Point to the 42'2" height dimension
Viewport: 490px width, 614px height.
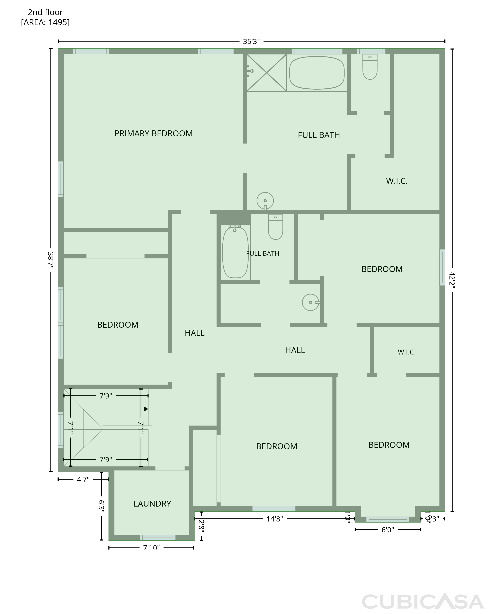point(452,280)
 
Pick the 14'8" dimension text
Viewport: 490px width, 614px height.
point(275,519)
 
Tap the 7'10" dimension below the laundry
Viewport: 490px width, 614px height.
point(151,548)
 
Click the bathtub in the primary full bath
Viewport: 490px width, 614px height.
point(317,73)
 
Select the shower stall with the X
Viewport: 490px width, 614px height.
point(267,73)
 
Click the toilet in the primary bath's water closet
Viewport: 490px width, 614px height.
point(370,67)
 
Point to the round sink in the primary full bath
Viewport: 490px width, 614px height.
point(265,201)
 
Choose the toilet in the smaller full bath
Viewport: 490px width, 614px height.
point(275,227)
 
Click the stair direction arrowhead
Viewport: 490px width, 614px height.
point(146,409)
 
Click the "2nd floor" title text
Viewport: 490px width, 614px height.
point(45,12)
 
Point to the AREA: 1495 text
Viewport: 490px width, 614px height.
point(45,22)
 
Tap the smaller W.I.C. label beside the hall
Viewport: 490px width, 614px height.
point(407,352)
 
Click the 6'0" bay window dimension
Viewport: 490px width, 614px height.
point(388,530)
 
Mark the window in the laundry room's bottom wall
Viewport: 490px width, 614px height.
point(158,538)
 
